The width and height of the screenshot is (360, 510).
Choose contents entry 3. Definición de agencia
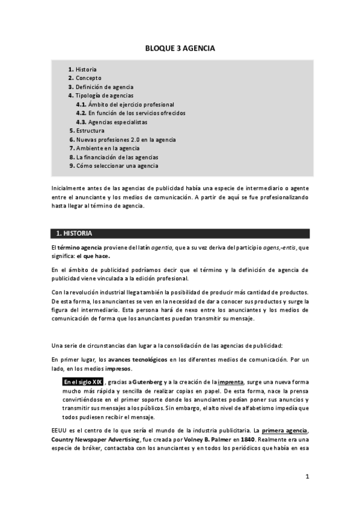(100, 87)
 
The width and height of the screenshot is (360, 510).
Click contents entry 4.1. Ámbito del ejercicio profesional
(125, 104)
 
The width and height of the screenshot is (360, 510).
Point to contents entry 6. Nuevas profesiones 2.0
(122, 140)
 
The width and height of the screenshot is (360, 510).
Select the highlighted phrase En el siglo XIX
(83, 382)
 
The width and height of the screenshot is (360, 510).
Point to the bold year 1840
(248, 440)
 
